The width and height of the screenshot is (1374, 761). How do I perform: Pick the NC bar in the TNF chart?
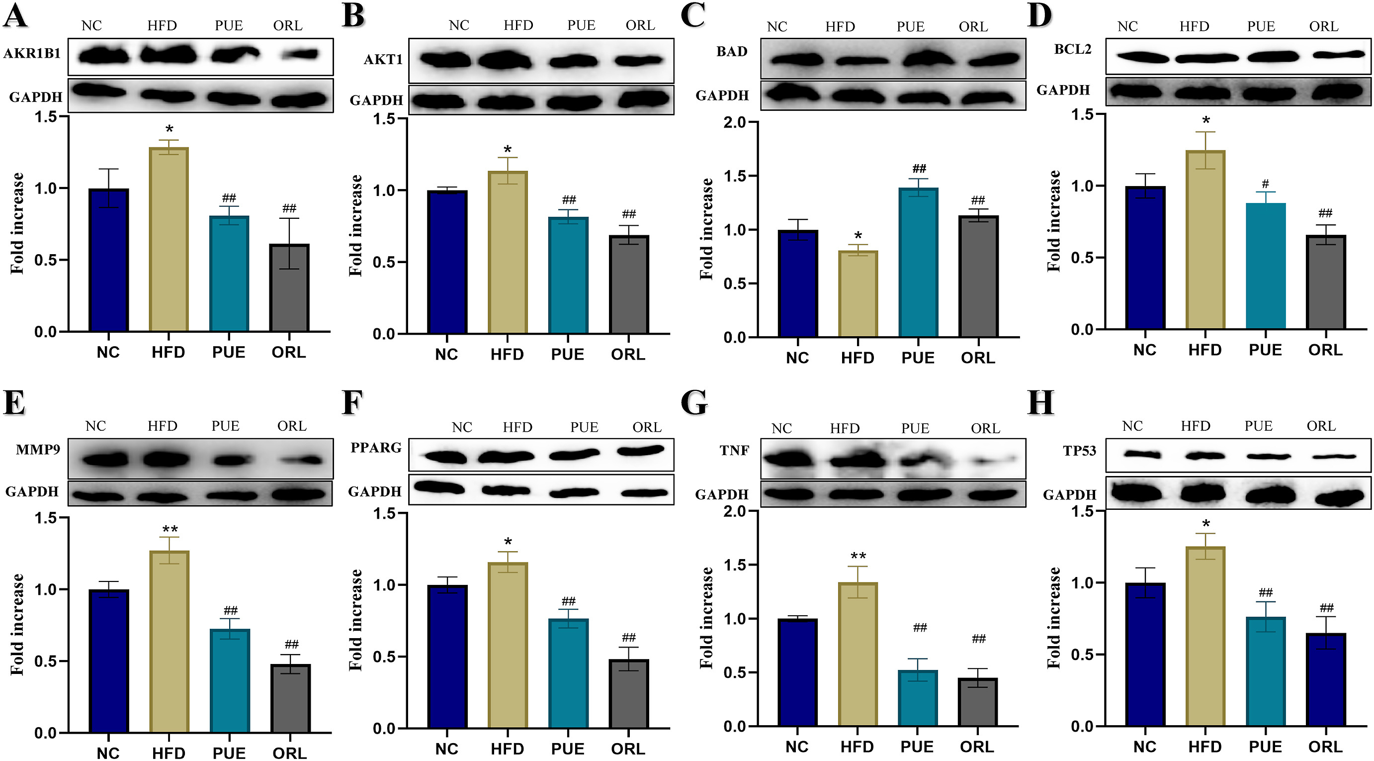click(797, 672)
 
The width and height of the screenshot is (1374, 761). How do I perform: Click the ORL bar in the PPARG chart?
click(629, 693)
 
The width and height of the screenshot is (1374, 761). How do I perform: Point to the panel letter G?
click(694, 403)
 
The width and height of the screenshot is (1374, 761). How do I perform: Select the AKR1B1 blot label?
click(32, 53)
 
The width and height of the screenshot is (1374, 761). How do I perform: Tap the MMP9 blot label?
click(38, 449)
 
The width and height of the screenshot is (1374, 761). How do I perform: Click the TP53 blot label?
click(1079, 451)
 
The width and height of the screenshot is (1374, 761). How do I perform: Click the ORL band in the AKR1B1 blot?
click(300, 54)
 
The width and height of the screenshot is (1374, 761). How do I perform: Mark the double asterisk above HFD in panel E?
click(170, 529)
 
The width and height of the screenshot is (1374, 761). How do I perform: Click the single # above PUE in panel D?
click(1265, 184)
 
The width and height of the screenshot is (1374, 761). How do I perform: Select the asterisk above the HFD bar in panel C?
click(858, 236)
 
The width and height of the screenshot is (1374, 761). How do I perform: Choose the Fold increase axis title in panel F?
click(356, 620)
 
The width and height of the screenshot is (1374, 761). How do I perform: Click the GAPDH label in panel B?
click(376, 100)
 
